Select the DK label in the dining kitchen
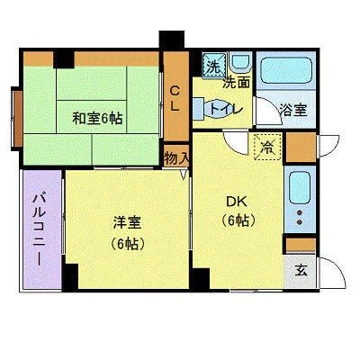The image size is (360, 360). point(235,201)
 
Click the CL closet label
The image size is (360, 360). point(175,96)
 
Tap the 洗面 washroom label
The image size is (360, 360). point(236,83)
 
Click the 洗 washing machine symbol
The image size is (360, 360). point(213,66)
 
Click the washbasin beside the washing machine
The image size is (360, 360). point(239,64)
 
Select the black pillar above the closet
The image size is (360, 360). point(171,40)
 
